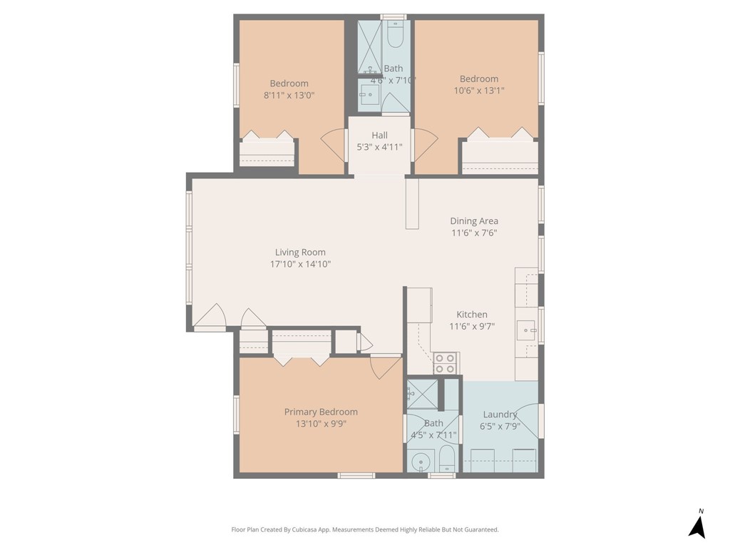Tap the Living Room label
pyautogui.click(x=300, y=252)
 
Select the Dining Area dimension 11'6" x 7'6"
pyautogui.click(x=473, y=233)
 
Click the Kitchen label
pyautogui.click(x=472, y=315)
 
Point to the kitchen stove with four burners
pyautogui.click(x=445, y=363)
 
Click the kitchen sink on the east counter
pyautogui.click(x=525, y=330)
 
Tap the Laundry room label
pyautogui.click(x=500, y=415)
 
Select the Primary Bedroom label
pyautogui.click(x=321, y=412)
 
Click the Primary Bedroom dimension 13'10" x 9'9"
pyautogui.click(x=321, y=423)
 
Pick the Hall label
pyautogui.click(x=379, y=136)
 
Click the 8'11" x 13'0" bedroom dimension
pyautogui.click(x=289, y=95)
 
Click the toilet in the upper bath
pyautogui.click(x=395, y=35)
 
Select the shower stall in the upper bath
pyautogui.click(x=369, y=46)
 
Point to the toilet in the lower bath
pyautogui.click(x=446, y=458)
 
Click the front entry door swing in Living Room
pyautogui.click(x=210, y=318)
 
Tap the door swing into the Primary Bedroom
pyautogui.click(x=385, y=367)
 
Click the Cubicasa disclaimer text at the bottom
pyautogui.click(x=365, y=529)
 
